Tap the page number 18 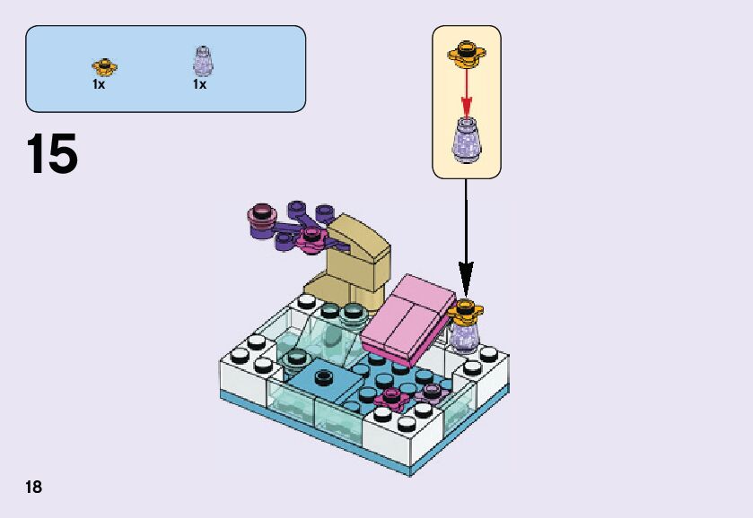point(34,487)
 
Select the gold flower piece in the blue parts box point(104,65)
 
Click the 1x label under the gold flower point(99,84)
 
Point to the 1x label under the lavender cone point(199,84)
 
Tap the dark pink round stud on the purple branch point(262,214)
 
